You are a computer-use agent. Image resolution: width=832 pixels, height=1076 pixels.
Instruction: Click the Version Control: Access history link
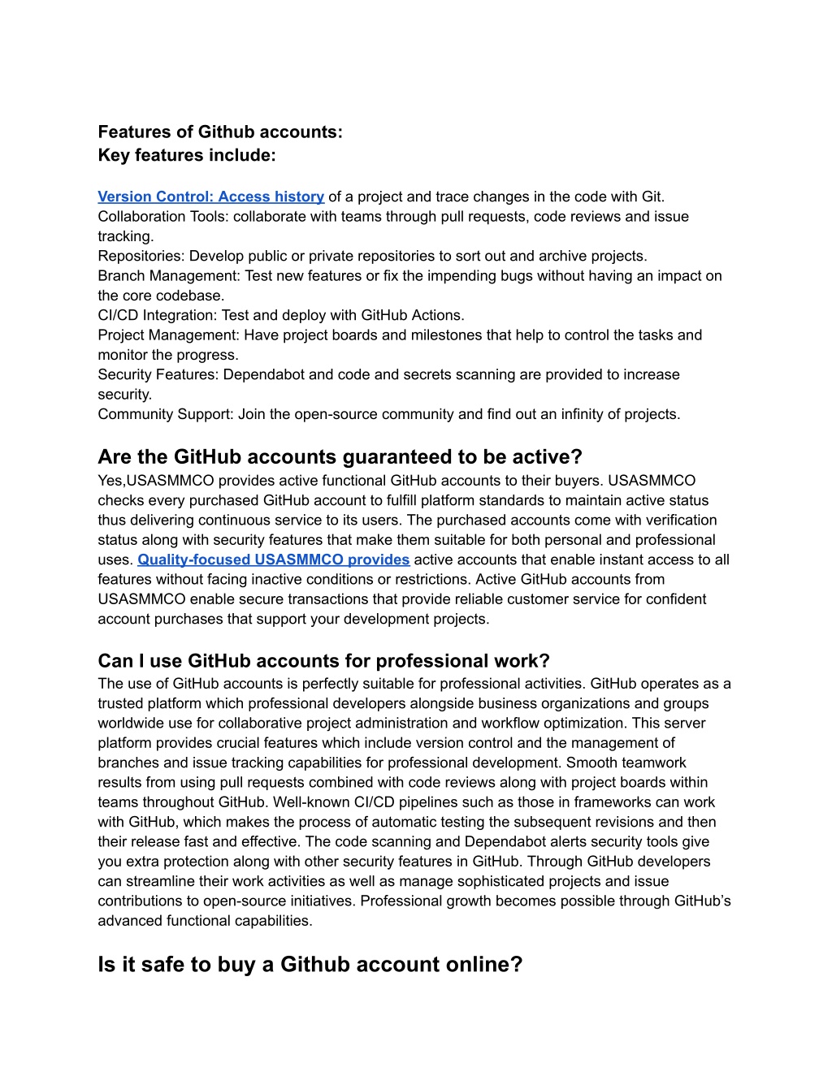click(x=210, y=197)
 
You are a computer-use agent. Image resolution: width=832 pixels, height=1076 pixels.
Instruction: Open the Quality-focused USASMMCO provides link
click(x=273, y=560)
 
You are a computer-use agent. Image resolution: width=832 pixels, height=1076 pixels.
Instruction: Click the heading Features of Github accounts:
click(x=220, y=132)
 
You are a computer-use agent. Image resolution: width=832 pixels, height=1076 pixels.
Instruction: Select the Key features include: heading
click(x=187, y=155)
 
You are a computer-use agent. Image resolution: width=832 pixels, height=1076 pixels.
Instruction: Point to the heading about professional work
click(x=323, y=661)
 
